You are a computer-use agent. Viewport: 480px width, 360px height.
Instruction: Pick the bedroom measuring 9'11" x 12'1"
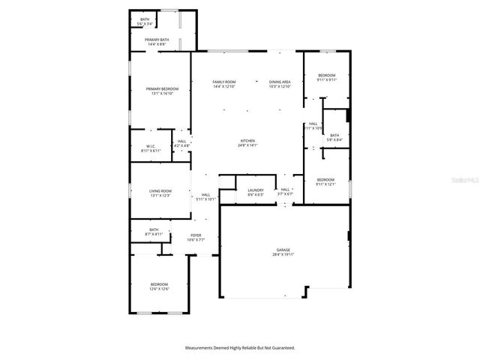tap(325, 181)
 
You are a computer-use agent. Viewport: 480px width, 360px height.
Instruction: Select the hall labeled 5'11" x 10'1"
tap(205, 196)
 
